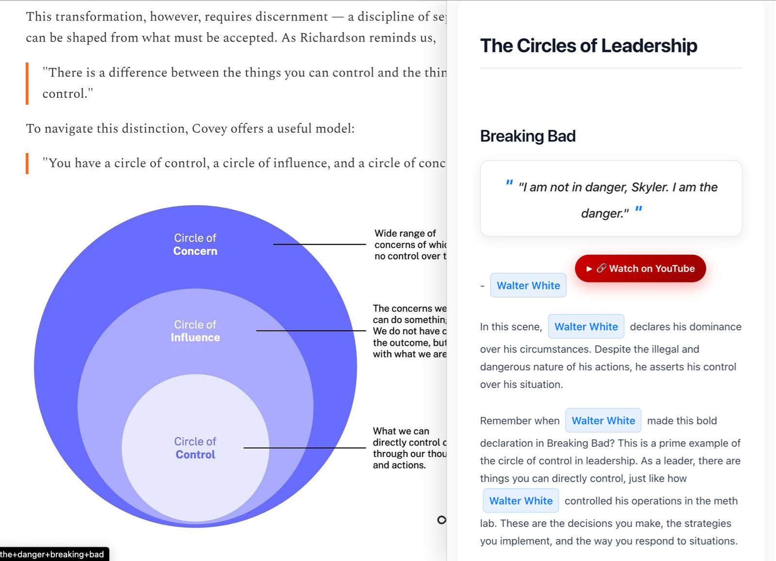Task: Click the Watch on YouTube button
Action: pyautogui.click(x=640, y=268)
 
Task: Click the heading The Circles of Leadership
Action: pyautogui.click(x=588, y=46)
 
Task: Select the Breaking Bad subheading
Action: pyautogui.click(x=528, y=136)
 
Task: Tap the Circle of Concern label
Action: pyautogui.click(x=195, y=245)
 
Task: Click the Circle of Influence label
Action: pyautogui.click(x=195, y=331)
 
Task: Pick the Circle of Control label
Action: pyautogui.click(x=195, y=448)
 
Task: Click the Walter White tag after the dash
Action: pyautogui.click(x=528, y=285)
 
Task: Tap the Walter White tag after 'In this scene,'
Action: pyautogui.click(x=586, y=327)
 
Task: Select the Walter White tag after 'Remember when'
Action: pyautogui.click(x=603, y=421)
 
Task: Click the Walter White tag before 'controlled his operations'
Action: pyautogui.click(x=520, y=500)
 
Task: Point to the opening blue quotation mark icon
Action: pyautogui.click(x=509, y=183)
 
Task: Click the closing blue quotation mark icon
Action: pyautogui.click(x=639, y=209)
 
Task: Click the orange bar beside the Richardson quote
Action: pyautogui.click(x=27, y=83)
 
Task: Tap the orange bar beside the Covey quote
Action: pyautogui.click(x=27, y=163)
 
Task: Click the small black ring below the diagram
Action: pyautogui.click(x=441, y=520)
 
